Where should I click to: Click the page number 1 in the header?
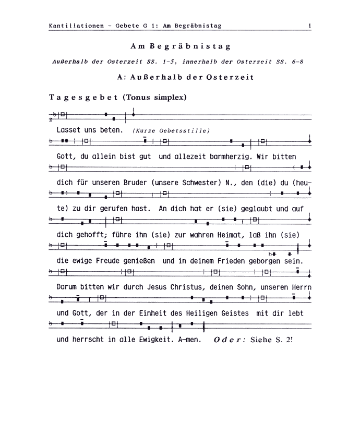(310, 25)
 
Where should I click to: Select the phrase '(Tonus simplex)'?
(154, 98)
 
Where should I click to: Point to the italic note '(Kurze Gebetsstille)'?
(171, 130)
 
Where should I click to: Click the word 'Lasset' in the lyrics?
(68, 130)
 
